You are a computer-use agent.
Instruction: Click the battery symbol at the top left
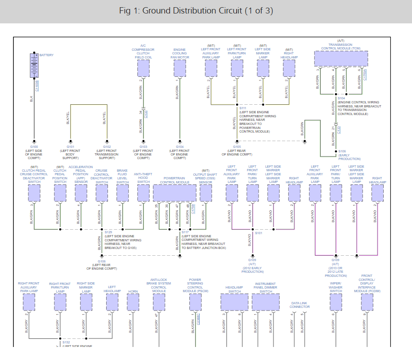pyautogui.click(x=34, y=66)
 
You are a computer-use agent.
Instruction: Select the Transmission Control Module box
pyautogui.click(x=340, y=58)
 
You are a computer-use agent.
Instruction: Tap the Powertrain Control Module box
pyautogui.click(x=174, y=193)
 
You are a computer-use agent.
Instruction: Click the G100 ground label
pyautogui.click(x=34, y=147)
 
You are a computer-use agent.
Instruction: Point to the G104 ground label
pyautogui.click(x=179, y=147)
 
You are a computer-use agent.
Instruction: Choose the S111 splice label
pyautogui.click(x=243, y=108)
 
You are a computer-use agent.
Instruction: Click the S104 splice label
pyautogui.click(x=341, y=98)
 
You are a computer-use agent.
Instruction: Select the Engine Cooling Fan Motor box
pyautogui.click(x=179, y=68)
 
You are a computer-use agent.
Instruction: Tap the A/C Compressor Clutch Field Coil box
pyautogui.click(x=143, y=68)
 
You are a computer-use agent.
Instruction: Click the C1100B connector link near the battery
pyautogui.click(x=37, y=85)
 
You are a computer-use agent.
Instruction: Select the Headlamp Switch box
pyautogui.click(x=234, y=302)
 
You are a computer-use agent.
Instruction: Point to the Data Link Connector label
pyautogui.click(x=300, y=305)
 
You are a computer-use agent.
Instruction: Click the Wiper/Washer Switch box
pyautogui.click(x=336, y=302)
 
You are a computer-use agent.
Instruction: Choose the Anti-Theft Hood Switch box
pyautogui.click(x=143, y=193)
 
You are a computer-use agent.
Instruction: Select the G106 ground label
pyautogui.click(x=102, y=261)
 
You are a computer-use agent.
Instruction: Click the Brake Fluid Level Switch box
pyautogui.click(x=122, y=193)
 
